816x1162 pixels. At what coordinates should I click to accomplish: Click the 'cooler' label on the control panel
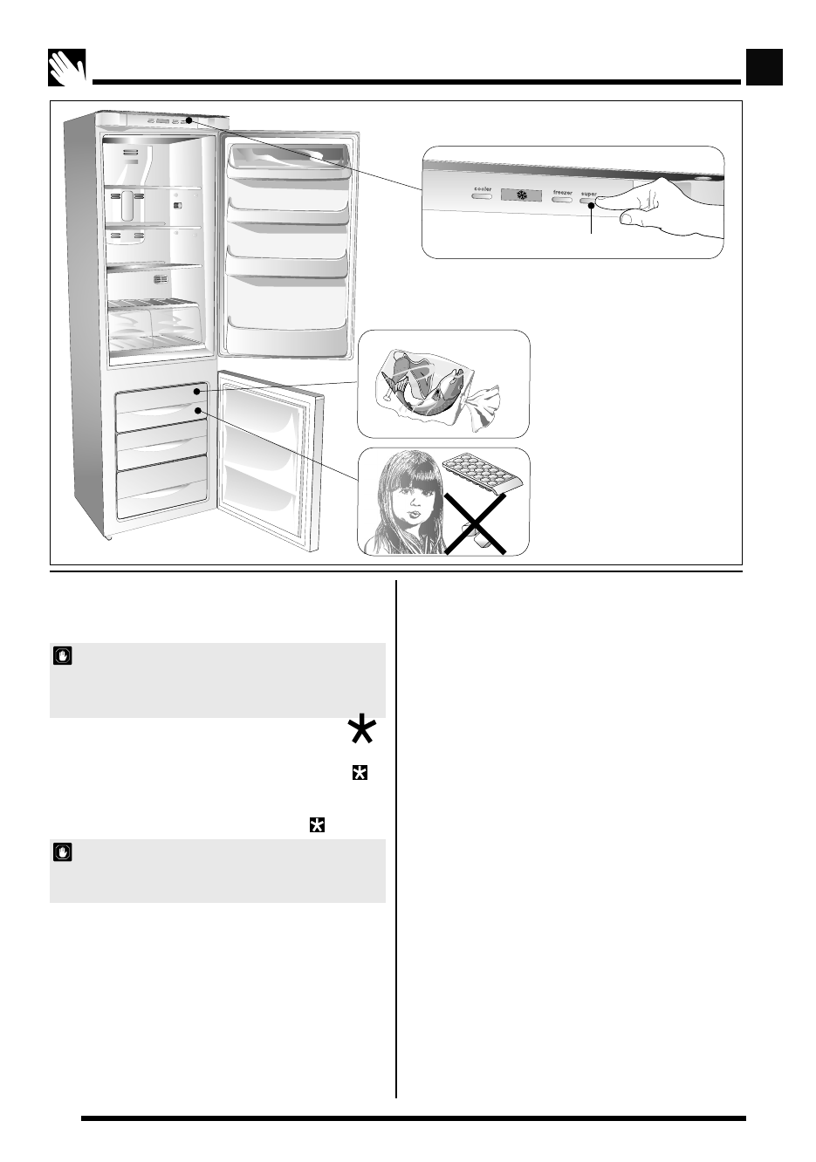[x=483, y=188]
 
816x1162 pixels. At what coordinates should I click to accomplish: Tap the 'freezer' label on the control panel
[x=562, y=192]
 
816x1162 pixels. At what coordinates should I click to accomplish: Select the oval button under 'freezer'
[x=562, y=201]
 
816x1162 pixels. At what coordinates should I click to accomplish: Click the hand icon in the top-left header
[x=67, y=67]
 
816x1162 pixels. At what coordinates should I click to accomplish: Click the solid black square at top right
[x=765, y=67]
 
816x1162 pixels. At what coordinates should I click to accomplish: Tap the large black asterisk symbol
[x=360, y=728]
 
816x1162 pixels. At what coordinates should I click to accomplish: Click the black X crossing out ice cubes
[x=475, y=523]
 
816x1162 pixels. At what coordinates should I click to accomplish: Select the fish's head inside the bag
[x=454, y=383]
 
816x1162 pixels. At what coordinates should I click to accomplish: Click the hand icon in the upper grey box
[x=62, y=656]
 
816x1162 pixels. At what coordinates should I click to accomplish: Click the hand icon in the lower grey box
[x=62, y=851]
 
